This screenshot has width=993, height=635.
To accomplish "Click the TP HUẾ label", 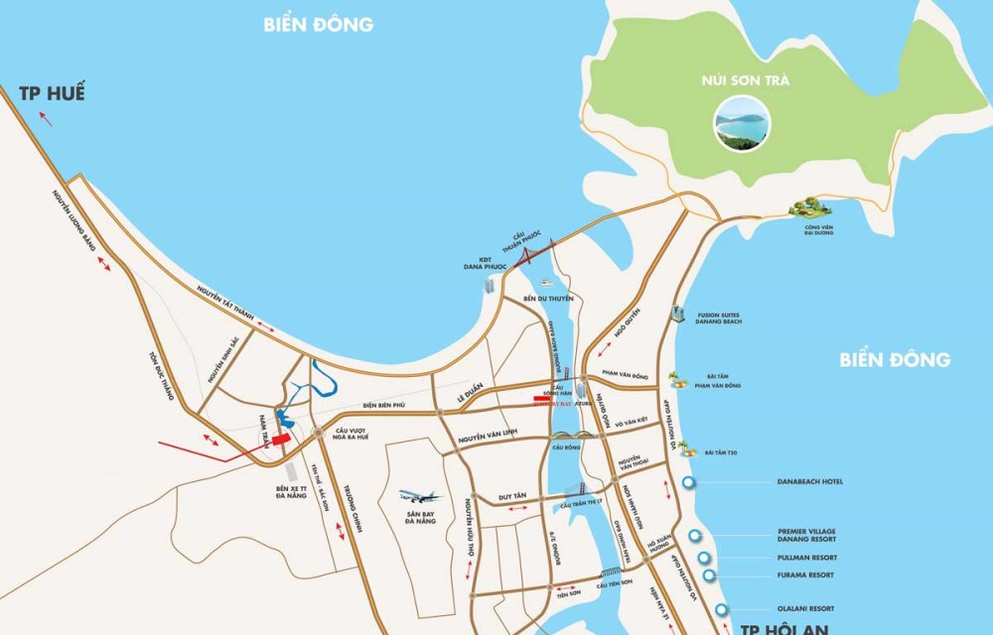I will pyautogui.click(x=52, y=94).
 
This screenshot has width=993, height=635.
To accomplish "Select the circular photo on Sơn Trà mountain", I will pyautogui.click(x=742, y=126).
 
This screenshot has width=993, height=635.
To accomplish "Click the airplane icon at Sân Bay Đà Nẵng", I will pyautogui.click(x=419, y=496).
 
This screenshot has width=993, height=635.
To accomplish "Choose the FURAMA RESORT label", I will pyautogui.click(x=806, y=575).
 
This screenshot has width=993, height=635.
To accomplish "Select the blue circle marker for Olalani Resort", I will pyautogui.click(x=721, y=609).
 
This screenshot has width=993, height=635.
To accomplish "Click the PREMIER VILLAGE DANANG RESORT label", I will pyautogui.click(x=807, y=537).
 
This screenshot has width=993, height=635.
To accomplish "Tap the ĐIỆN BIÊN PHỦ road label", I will pyautogui.click(x=386, y=405).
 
